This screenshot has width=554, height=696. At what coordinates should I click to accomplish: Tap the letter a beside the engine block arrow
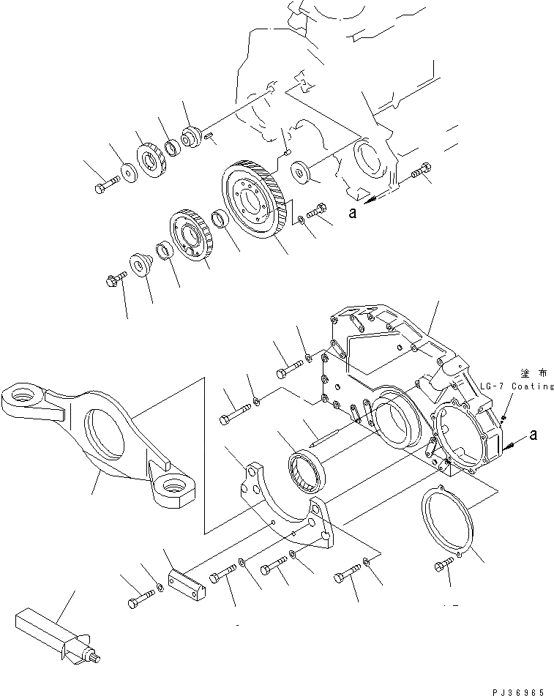pyautogui.click(x=352, y=212)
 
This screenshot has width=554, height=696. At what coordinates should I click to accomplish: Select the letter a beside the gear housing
pyautogui.click(x=533, y=435)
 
